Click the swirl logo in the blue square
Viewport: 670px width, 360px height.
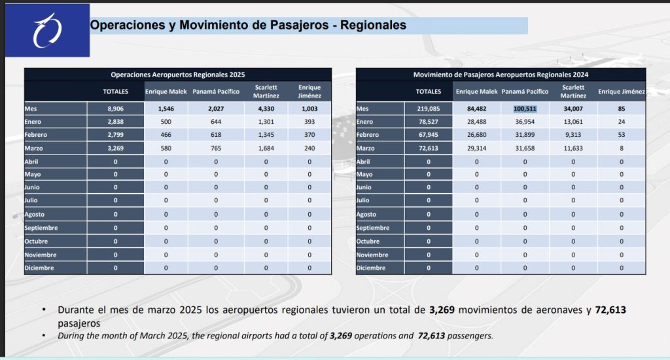pyautogui.click(x=48, y=30)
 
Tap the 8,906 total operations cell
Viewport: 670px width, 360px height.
pyautogui.click(x=116, y=109)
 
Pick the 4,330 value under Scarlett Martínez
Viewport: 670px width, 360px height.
pyautogui.click(x=266, y=109)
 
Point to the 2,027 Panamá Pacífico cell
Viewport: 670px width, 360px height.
pyautogui.click(x=216, y=109)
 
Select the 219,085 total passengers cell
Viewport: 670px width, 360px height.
pyautogui.click(x=429, y=109)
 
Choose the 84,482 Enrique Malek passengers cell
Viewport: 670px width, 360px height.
pyautogui.click(x=477, y=109)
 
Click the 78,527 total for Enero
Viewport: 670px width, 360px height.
pyautogui.click(x=429, y=122)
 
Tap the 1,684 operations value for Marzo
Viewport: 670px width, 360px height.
pyautogui.click(x=266, y=149)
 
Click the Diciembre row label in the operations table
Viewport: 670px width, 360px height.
pyautogui.click(x=39, y=268)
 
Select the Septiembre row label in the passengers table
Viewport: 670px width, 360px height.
pyautogui.click(x=373, y=228)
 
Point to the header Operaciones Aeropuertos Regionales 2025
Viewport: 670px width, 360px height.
pyautogui.click(x=178, y=75)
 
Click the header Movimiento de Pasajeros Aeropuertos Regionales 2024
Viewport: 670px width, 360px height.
pyautogui.click(x=501, y=75)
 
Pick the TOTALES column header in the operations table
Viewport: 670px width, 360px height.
pyautogui.click(x=116, y=91)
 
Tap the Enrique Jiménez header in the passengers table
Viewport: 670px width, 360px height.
pyautogui.click(x=622, y=92)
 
